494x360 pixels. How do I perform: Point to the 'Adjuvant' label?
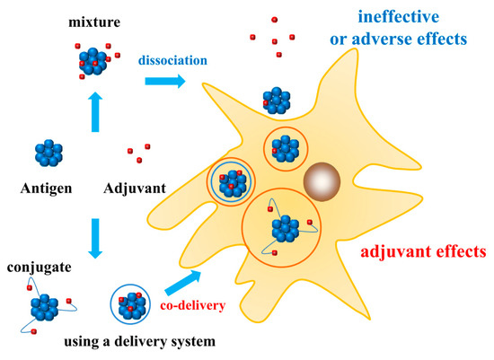pyautogui.click(x=134, y=191)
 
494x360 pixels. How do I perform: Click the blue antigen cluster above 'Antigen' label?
pyautogui.click(x=51, y=153)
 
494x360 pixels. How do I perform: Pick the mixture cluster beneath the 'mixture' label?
pyautogui.click(x=93, y=59)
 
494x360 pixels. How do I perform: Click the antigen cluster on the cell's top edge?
pyautogui.click(x=278, y=101)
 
